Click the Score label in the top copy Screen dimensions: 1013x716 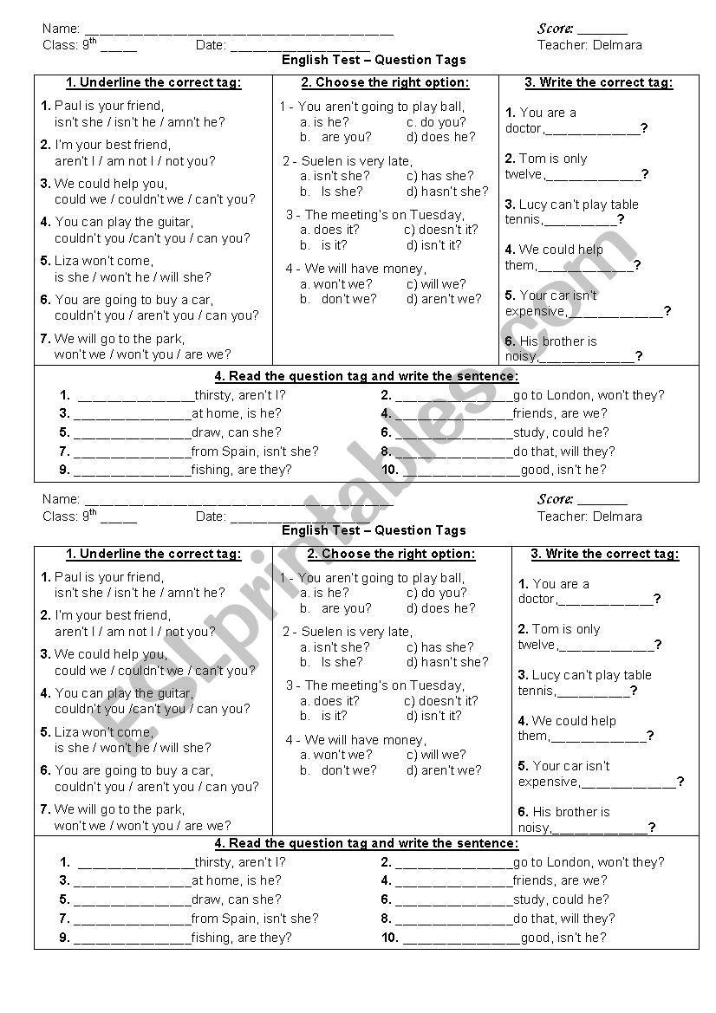pyautogui.click(x=556, y=29)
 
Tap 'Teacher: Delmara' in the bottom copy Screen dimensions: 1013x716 pyautogui.click(x=589, y=516)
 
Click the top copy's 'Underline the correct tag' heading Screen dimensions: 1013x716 pyautogui.click(x=153, y=83)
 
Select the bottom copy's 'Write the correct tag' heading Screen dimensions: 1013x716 pyautogui.click(x=605, y=554)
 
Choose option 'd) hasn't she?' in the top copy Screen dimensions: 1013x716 pyautogui.click(x=447, y=191)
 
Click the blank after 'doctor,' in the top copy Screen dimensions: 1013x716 pyautogui.click(x=593, y=129)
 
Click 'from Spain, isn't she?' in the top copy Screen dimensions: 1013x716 pyautogui.click(x=255, y=451)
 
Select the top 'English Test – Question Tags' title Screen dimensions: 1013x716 pyautogui.click(x=374, y=60)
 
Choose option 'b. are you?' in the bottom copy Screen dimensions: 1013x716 pyautogui.click(x=335, y=607)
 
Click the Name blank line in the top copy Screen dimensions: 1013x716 pyautogui.click(x=238, y=30)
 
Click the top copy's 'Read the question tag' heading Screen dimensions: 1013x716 pyautogui.click(x=367, y=376)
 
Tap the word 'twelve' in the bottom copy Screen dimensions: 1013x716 pyautogui.click(x=537, y=645)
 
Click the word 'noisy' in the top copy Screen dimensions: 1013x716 pyautogui.click(x=521, y=356)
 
